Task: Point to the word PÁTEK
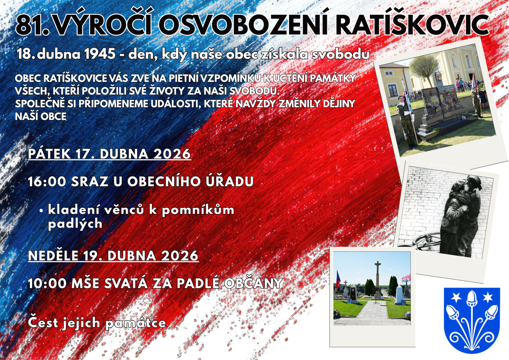pos(50,154)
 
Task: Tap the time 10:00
pos(47,283)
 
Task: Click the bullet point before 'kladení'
pos(41,211)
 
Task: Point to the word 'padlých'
pos(75,224)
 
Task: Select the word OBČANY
pos(254,283)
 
